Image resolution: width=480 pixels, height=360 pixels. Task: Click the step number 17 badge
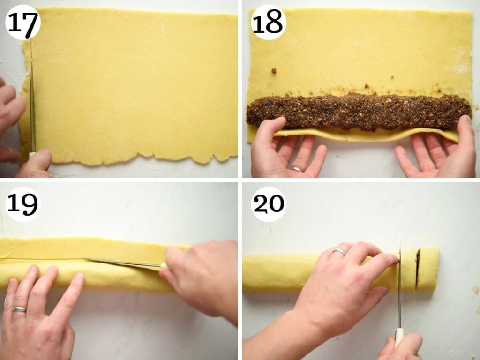click(22, 22)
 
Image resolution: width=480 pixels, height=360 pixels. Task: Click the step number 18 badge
click(269, 22)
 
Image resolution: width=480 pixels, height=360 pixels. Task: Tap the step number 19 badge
click(22, 204)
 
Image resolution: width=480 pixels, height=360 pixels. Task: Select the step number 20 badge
click(269, 204)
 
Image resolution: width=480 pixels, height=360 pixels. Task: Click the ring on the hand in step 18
click(296, 169)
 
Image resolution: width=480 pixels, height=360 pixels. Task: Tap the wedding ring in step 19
click(19, 309)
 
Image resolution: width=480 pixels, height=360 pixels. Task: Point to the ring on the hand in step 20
click(339, 252)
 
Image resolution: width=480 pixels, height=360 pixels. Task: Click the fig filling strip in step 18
click(359, 112)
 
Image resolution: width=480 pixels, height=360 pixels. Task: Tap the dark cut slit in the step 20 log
click(418, 269)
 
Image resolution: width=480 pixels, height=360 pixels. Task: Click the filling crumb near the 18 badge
click(274, 71)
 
